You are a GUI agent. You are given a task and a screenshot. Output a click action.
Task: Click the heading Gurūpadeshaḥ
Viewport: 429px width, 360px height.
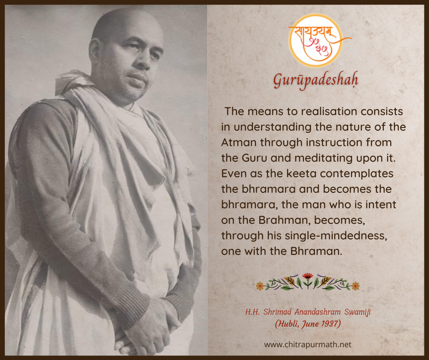[315, 80]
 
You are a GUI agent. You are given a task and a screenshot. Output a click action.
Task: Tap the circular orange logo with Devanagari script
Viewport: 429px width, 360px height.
[315, 41]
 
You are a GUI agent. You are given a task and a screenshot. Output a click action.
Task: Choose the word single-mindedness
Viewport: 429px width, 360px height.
[336, 236]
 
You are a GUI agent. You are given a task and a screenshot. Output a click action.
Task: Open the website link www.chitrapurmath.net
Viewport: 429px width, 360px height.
[308, 344]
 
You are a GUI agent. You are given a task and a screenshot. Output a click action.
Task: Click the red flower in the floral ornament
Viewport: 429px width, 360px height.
[308, 276]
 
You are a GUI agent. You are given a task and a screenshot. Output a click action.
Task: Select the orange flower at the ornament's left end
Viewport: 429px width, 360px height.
[260, 286]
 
